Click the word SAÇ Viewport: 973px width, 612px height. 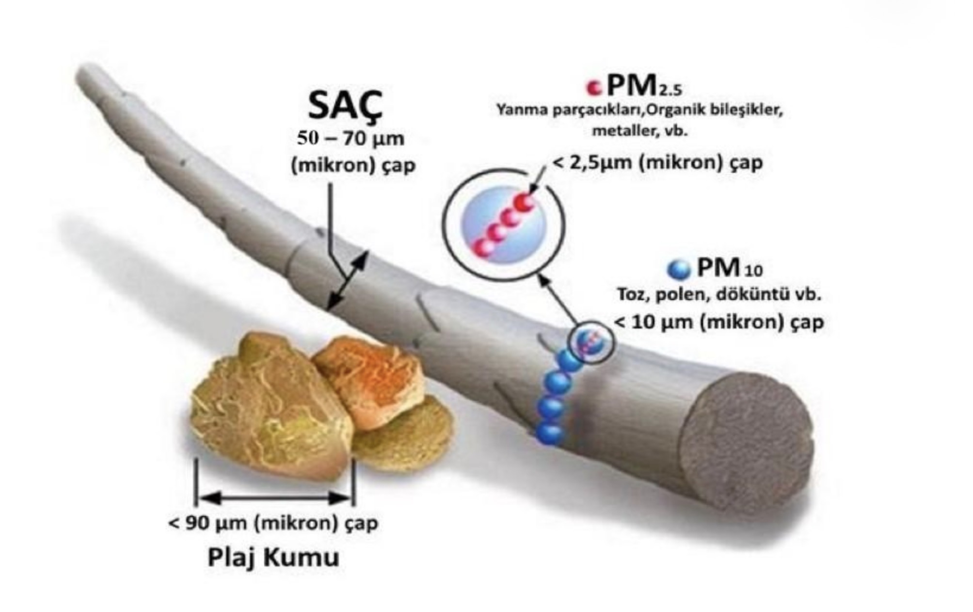[x=345, y=105]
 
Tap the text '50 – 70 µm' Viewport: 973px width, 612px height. [x=350, y=139]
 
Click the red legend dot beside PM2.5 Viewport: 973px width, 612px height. [x=593, y=87]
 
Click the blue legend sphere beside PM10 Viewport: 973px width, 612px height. [x=679, y=269]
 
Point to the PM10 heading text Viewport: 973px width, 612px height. [x=729, y=268]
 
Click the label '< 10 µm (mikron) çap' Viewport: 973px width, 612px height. [x=719, y=322]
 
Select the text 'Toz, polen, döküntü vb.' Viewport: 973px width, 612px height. [x=719, y=295]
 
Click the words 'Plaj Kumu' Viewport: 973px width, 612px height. [x=273, y=558]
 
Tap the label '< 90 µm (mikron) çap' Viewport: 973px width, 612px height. [x=273, y=524]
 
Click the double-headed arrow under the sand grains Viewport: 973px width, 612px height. [x=274, y=497]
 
